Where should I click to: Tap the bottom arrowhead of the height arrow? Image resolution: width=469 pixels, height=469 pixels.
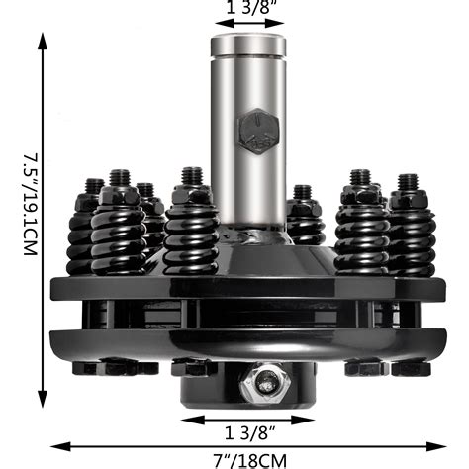(43, 408)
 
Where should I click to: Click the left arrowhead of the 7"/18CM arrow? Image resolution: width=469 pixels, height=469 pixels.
(55, 444)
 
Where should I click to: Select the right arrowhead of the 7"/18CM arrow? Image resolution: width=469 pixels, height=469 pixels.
(439, 444)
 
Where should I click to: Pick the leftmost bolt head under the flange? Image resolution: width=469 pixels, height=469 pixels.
(91, 367)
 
